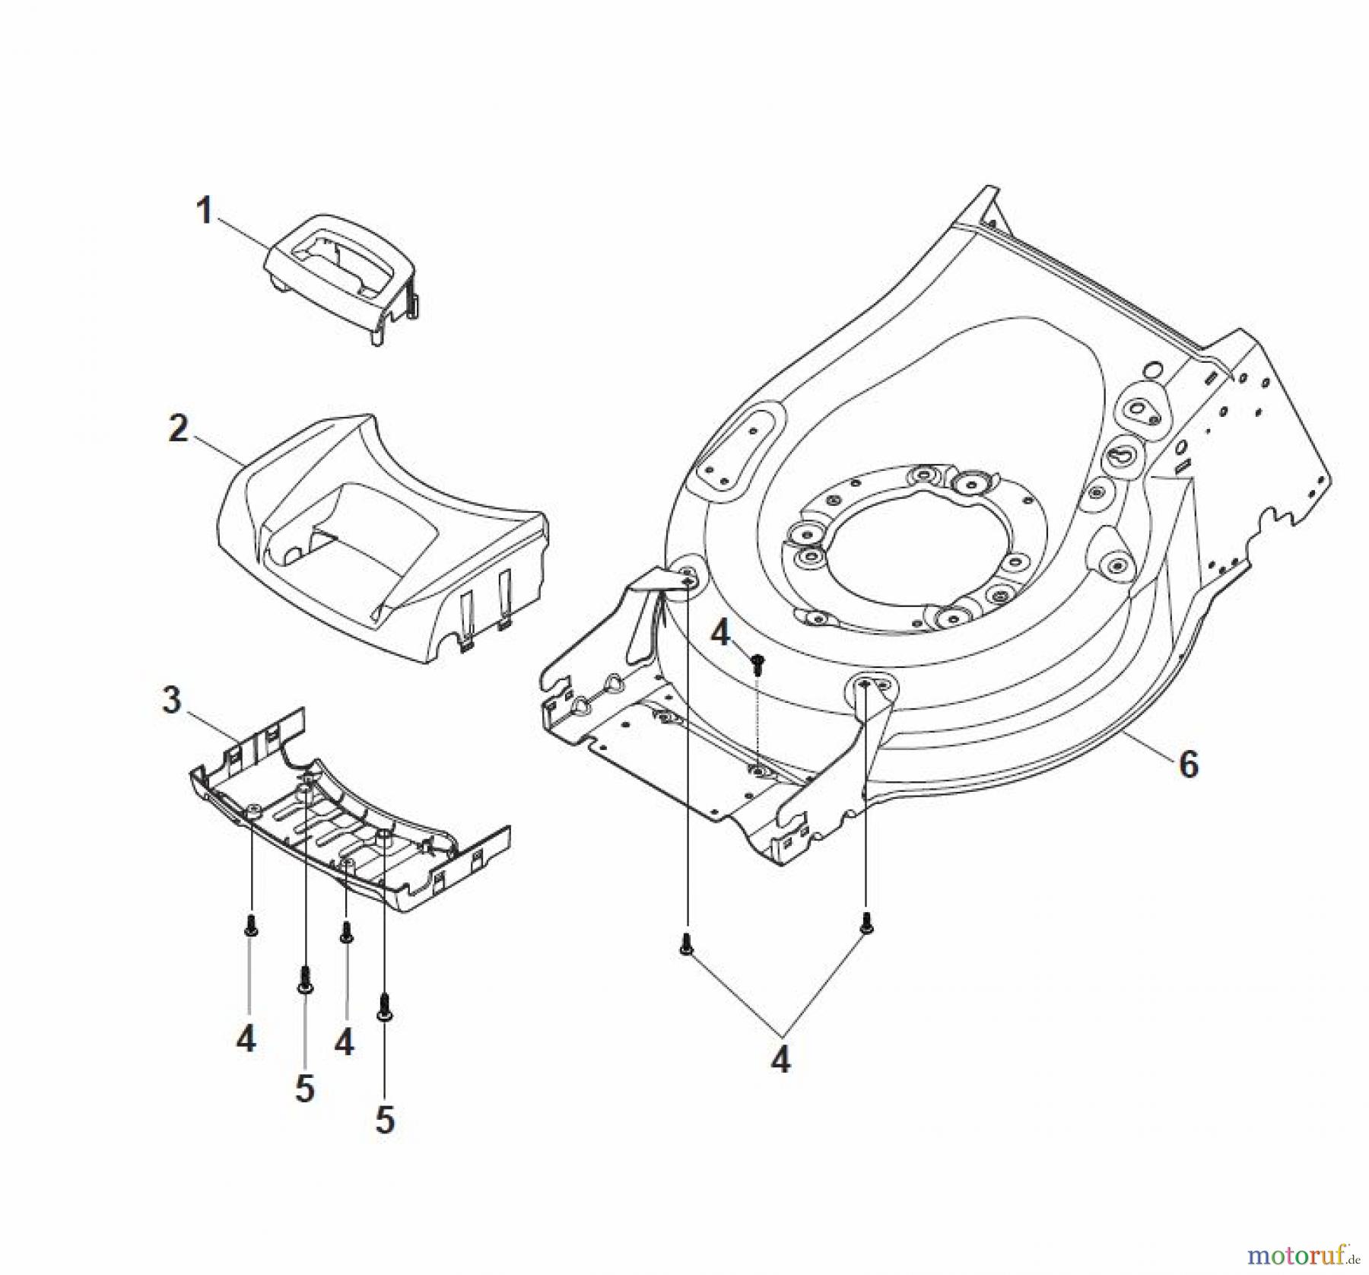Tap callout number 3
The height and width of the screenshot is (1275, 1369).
[172, 700]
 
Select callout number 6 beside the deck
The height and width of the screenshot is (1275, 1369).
[1188, 763]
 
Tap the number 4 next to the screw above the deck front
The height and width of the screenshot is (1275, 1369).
[721, 632]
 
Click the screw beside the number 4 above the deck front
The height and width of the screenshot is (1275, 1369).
[757, 666]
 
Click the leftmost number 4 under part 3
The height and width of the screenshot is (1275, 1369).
[246, 1039]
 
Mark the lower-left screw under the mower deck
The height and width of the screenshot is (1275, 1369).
[686, 944]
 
